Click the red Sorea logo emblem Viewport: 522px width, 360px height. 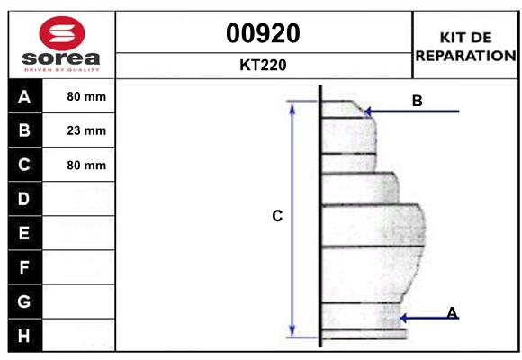pyautogui.click(x=62, y=33)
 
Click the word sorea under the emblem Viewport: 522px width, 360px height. pyautogui.click(x=61, y=58)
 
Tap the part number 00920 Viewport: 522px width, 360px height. pyautogui.click(x=263, y=33)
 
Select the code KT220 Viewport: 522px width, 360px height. pyautogui.click(x=263, y=65)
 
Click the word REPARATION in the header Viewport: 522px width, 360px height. pyautogui.click(x=465, y=56)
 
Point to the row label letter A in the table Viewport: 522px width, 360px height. pyautogui.click(x=24, y=97)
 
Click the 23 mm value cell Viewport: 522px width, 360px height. pyautogui.click(x=86, y=130)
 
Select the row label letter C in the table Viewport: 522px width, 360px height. pyautogui.click(x=24, y=165)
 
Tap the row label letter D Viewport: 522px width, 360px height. pyautogui.click(x=24, y=199)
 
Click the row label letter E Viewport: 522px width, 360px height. pyautogui.click(x=24, y=233)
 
